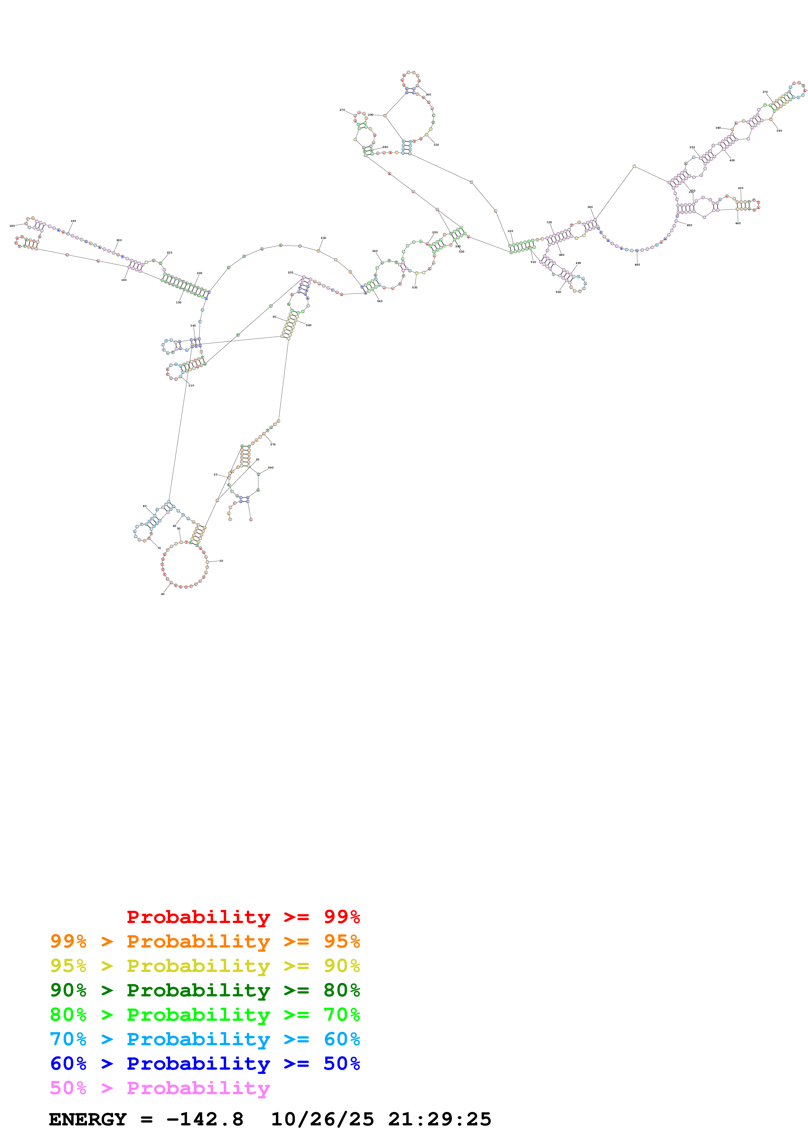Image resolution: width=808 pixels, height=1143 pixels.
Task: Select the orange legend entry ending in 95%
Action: coord(205,941)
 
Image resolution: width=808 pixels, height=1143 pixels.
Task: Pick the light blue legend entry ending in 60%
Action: coord(205,1039)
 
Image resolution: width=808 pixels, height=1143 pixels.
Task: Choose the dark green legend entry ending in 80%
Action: coord(205,990)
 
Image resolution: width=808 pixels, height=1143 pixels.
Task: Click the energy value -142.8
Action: coord(205,1119)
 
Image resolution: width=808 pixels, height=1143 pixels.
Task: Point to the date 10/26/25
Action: coord(322,1119)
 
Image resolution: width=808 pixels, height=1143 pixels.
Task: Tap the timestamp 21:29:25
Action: coord(440,1119)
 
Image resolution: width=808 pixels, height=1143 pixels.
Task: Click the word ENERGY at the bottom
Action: coord(88,1119)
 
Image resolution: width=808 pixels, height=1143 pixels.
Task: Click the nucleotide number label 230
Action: coord(323,238)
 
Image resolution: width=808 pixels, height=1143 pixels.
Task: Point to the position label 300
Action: coord(428,94)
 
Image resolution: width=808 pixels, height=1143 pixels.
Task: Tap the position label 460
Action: coord(637,265)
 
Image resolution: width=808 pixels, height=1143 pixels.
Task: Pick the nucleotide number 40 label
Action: coord(162,594)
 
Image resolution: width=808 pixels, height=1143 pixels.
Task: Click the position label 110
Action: coord(191,385)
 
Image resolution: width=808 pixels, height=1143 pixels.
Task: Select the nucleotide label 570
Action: coord(273,444)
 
